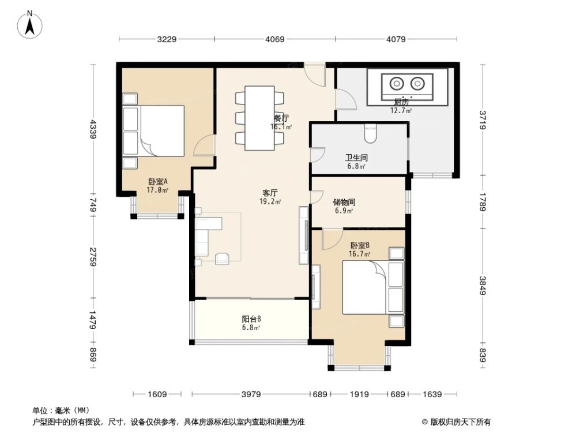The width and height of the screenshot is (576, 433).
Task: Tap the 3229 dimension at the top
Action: point(166,39)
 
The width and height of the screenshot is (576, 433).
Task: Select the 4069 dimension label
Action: point(275,39)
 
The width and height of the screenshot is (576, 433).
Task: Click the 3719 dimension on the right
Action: point(482,120)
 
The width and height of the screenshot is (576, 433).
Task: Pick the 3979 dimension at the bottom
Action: point(251,394)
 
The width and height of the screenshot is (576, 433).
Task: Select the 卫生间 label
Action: point(356,157)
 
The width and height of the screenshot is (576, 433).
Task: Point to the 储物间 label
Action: point(344,203)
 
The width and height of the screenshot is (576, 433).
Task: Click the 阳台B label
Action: point(251,319)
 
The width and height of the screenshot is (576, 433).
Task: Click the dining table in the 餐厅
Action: point(259,118)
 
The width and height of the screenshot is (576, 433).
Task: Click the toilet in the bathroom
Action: point(371,135)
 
